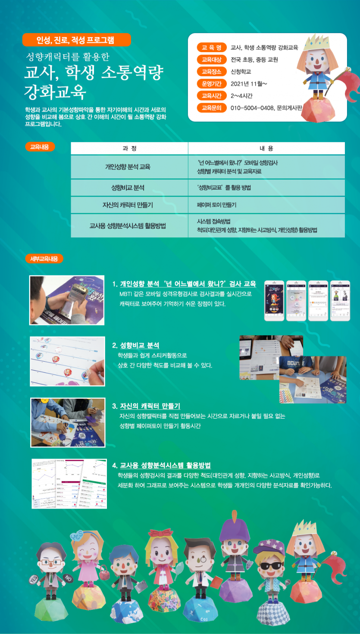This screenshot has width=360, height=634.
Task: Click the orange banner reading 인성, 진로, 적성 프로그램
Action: tap(76, 40)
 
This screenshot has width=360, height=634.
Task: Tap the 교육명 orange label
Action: tap(211, 47)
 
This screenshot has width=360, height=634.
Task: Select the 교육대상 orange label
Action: tap(211, 59)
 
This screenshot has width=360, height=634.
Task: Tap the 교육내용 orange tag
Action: tap(40, 147)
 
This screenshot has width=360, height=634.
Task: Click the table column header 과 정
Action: tap(129, 148)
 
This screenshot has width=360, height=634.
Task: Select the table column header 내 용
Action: tap(266, 148)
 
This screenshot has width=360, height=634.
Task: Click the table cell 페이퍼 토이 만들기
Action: tap(216, 205)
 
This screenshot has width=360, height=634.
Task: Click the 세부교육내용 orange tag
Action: tap(44, 259)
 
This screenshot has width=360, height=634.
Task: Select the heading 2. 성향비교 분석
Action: tap(136, 345)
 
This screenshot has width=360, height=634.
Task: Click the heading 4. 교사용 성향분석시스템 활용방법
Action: tap(161, 465)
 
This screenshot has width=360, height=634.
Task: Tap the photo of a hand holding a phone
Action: tap(67, 300)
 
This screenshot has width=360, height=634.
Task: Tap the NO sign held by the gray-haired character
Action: tap(68, 578)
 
